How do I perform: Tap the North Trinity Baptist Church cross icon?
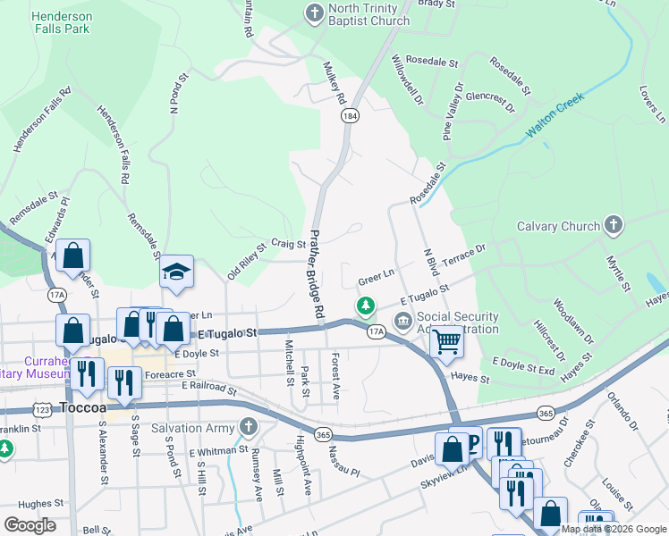click(x=314, y=13)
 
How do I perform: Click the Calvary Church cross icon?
click(x=613, y=226)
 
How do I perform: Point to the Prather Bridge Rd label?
click(x=317, y=276)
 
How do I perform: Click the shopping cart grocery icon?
click(x=446, y=340)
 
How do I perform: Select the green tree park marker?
click(x=365, y=306)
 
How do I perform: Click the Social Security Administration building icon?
click(x=402, y=320)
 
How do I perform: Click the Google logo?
click(x=30, y=524)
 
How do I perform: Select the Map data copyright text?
click(x=614, y=529)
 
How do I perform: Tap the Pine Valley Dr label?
click(x=453, y=114)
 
